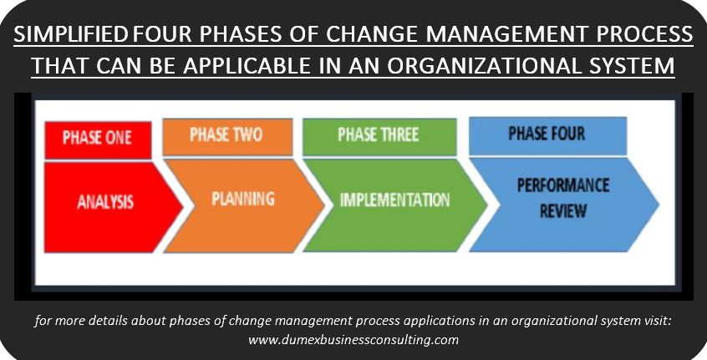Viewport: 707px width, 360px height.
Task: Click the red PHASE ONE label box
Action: pyautogui.click(x=98, y=139)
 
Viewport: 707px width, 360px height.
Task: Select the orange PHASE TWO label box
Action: pyautogui.click(x=227, y=136)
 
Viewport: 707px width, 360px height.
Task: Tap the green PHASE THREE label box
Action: pyautogui.click(x=379, y=136)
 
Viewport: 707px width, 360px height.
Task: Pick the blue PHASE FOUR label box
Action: pyautogui.click(x=547, y=135)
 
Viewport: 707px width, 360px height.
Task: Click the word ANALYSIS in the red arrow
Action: pyautogui.click(x=105, y=202)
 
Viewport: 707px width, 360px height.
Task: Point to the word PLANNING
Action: pyautogui.click(x=243, y=199)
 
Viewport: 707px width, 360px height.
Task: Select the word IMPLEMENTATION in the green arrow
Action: pyautogui.click(x=394, y=200)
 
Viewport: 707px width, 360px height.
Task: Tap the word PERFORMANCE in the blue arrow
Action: pyautogui.click(x=563, y=185)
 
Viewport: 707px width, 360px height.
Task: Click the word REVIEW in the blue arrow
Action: pyautogui.click(x=563, y=210)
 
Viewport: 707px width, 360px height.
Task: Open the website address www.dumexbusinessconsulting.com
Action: pyautogui.click(x=353, y=339)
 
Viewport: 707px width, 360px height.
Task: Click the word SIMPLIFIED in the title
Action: pyautogui.click(x=71, y=35)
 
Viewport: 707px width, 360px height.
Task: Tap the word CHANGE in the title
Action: pyautogui.click(x=373, y=35)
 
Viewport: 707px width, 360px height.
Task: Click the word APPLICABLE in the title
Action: pyautogui.click(x=247, y=66)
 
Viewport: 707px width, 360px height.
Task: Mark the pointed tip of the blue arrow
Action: pyautogui.click(x=659, y=204)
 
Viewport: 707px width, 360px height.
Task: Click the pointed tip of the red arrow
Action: pyautogui.click(x=183, y=207)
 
